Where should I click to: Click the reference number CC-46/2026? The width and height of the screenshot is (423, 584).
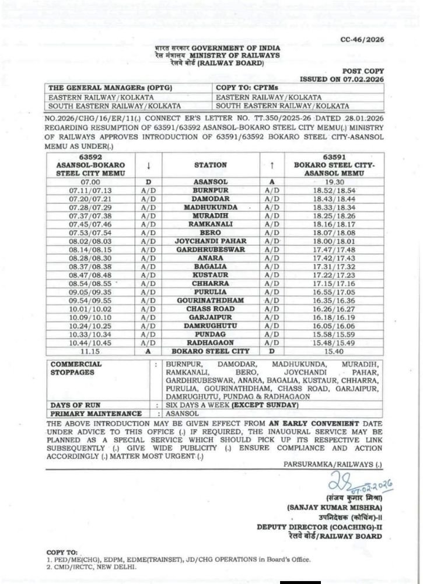(362, 39)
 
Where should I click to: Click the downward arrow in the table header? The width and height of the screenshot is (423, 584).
(148, 165)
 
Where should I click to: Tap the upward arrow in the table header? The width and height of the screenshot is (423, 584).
(272, 165)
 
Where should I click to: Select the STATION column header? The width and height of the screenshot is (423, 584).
(210, 165)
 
